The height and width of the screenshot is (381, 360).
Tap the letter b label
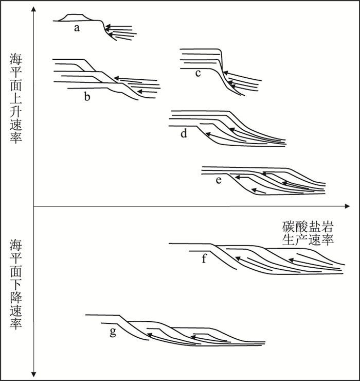pos(87,97)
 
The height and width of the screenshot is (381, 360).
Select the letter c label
pos(198,73)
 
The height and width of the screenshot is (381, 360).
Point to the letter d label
pos(184,134)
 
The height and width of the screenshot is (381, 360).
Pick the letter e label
pos(219,181)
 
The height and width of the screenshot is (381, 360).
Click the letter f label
pos(204,258)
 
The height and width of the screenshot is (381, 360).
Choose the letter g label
pos(113,331)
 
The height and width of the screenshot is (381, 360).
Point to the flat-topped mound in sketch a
pos(75,18)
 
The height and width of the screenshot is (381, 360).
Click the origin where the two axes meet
pos(33,206)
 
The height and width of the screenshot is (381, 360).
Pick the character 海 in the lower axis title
pos(16,245)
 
